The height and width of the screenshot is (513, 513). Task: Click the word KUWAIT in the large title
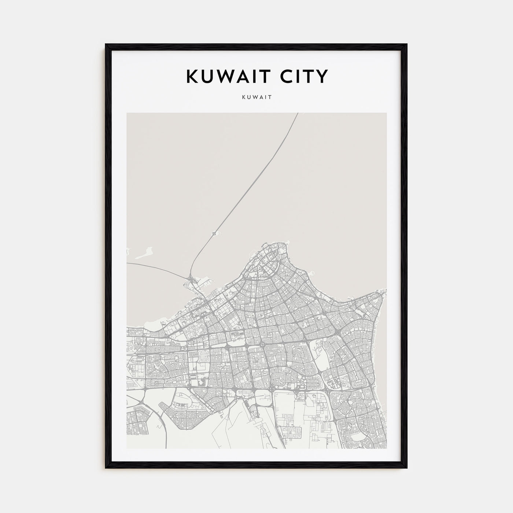coord(225,76)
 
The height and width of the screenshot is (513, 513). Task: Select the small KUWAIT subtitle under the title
coord(256,98)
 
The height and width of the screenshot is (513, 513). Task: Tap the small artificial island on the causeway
coord(214,233)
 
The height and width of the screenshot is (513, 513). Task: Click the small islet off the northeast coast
coord(313,273)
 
